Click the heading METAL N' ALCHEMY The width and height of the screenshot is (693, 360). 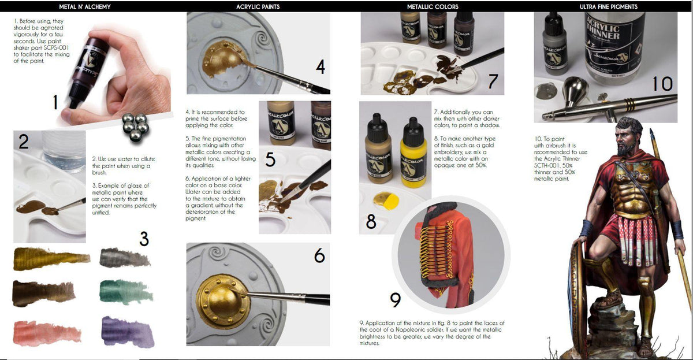click(85, 7)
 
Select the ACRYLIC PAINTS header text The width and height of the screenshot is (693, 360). click(258, 7)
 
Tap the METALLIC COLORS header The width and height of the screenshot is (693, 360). click(433, 7)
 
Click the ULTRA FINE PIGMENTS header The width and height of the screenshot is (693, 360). click(608, 7)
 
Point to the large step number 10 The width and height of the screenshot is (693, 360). click(662, 84)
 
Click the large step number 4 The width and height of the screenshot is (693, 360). click(321, 67)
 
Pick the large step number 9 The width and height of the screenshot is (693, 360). click(395, 300)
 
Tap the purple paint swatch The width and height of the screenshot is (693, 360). click(128, 331)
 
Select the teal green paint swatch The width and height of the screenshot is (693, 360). click(125, 292)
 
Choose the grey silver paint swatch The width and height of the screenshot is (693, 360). click(125, 257)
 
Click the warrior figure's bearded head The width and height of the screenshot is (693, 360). click(630, 136)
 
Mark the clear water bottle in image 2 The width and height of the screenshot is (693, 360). click(64, 152)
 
